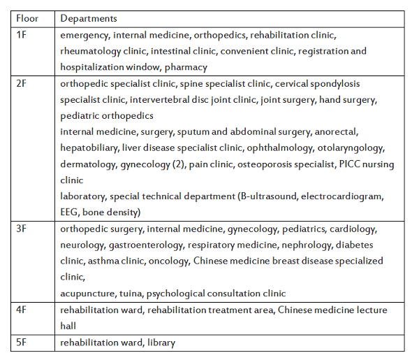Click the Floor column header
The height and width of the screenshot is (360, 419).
point(27,18)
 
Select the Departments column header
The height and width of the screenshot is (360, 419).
point(89,18)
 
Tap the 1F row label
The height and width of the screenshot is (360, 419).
point(21,34)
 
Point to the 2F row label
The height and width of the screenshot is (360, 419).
point(22,83)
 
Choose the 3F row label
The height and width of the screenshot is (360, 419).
point(22,229)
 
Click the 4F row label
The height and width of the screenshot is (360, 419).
point(22,310)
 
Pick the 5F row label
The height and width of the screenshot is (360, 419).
point(22,343)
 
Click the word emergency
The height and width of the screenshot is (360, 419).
point(84,34)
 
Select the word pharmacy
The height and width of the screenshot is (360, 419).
point(186,67)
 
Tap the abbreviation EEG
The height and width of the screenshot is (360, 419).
point(70,213)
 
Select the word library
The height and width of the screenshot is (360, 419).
point(161,343)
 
